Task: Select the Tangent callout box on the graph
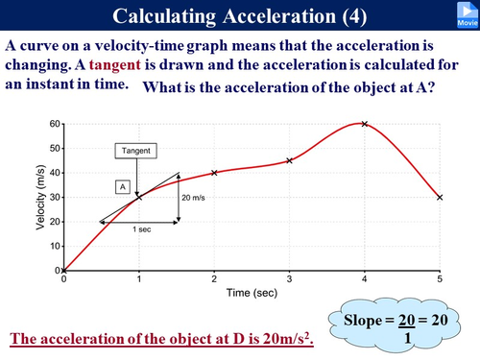(x=138, y=151)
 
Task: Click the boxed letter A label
(x=122, y=187)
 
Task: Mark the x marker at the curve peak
(x=365, y=124)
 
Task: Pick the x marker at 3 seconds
(x=289, y=160)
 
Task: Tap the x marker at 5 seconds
(x=440, y=197)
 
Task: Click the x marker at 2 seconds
(x=214, y=173)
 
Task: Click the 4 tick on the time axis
(x=365, y=278)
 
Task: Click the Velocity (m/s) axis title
(x=39, y=197)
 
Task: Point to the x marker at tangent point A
(x=139, y=197)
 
